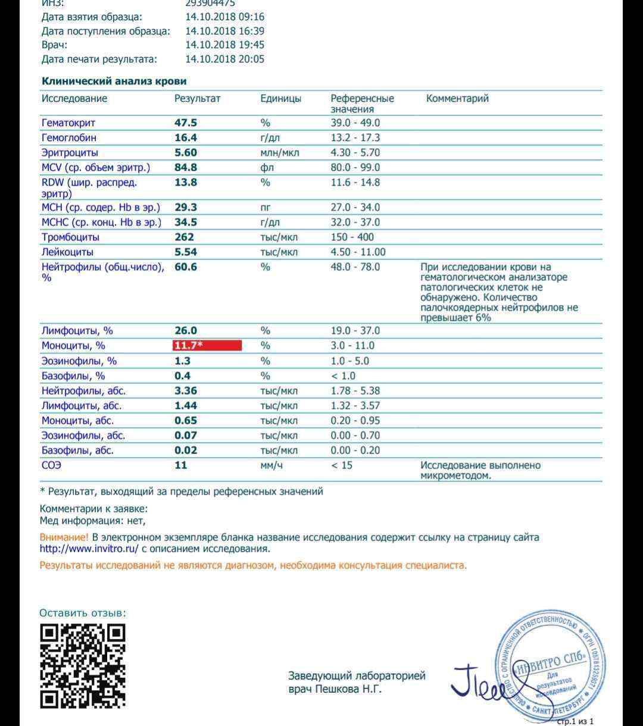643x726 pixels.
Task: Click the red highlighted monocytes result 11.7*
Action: [x=207, y=346]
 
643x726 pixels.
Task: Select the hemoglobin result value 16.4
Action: [x=185, y=137]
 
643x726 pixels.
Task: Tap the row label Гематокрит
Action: [x=68, y=123]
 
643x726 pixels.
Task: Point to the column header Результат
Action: [x=197, y=99]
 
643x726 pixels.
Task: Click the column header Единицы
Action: [x=280, y=99]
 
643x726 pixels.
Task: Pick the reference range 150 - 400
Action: [x=352, y=237]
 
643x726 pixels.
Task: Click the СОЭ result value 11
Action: [x=181, y=465]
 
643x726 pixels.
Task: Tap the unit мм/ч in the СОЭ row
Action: [x=271, y=465]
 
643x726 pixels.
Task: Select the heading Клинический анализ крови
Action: [x=114, y=82]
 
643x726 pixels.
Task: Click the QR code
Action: [x=83, y=666]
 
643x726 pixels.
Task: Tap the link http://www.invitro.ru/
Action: [x=89, y=549]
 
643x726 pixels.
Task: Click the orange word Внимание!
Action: [x=64, y=537]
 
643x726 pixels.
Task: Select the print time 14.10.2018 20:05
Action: [x=224, y=59]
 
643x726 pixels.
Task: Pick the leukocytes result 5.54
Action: [x=186, y=252]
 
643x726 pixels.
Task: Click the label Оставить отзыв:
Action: [x=83, y=613]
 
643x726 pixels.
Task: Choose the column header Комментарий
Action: [x=457, y=99]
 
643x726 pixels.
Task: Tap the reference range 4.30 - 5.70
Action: [x=355, y=152]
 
